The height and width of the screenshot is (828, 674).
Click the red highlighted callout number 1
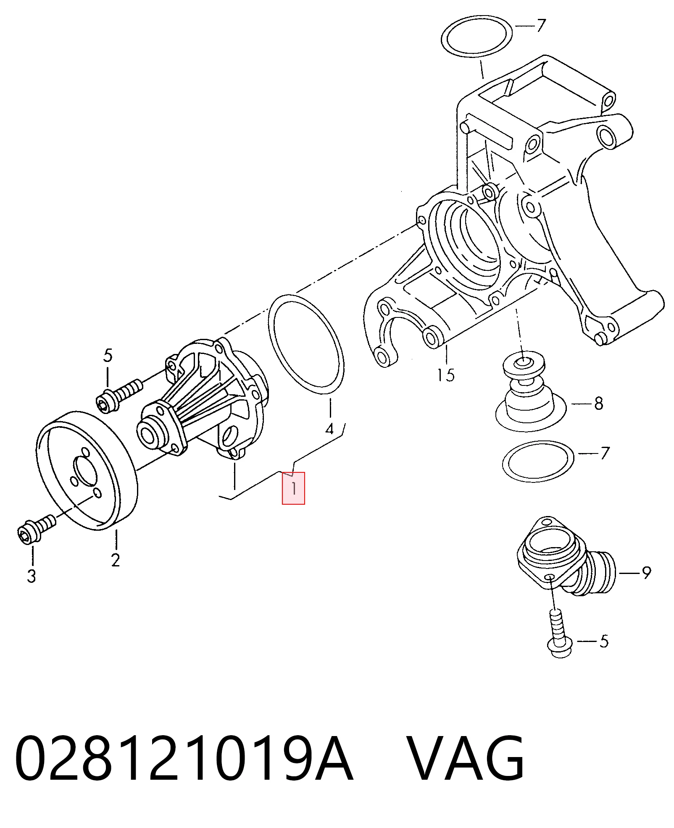coord(293,488)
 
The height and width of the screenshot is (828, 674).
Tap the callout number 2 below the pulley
coord(116,560)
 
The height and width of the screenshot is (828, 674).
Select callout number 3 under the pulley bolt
coord(32,576)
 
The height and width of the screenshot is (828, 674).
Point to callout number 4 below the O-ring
coord(330,429)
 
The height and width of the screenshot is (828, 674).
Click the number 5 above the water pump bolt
coord(108,356)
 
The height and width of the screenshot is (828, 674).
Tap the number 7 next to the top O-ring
coord(541,26)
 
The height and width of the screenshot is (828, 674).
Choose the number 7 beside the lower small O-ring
coord(605,453)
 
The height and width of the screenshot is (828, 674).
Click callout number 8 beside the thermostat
coord(599,404)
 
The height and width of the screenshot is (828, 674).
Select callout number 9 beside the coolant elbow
coord(646,572)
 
